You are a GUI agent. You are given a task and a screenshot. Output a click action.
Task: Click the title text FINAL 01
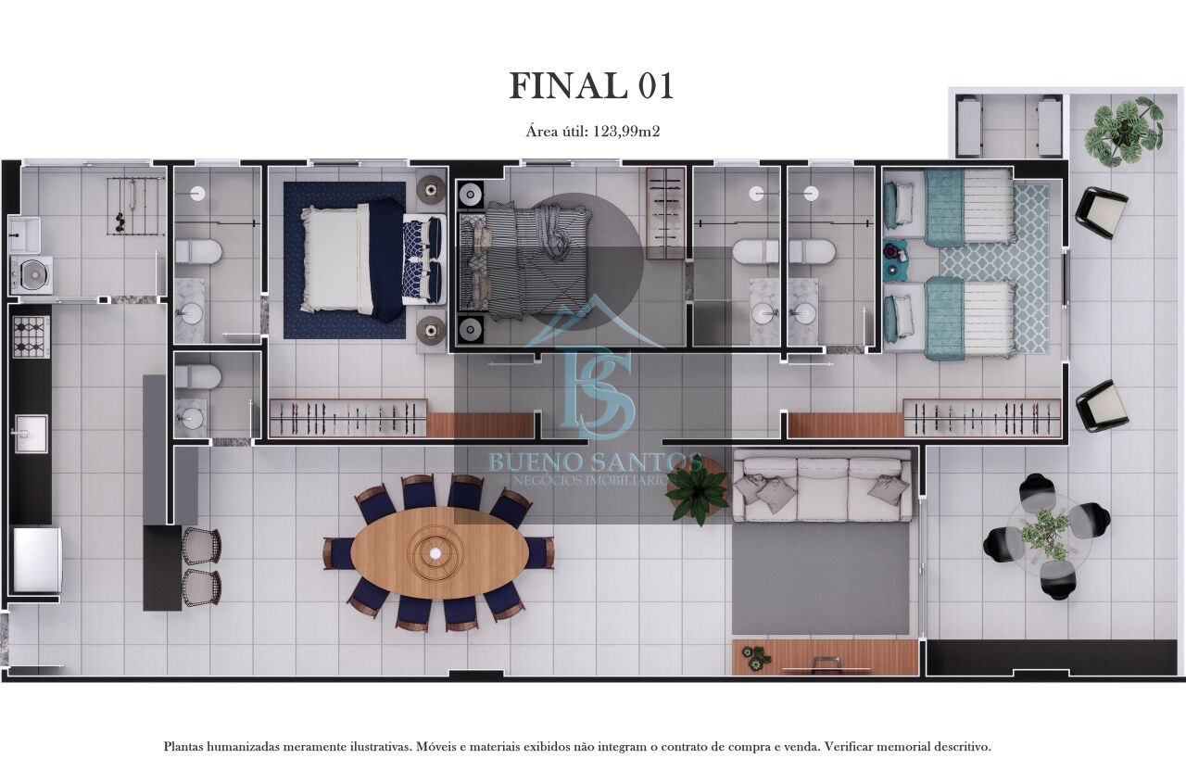pos(591,85)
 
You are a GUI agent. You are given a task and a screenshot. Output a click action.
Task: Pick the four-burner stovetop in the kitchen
pos(31,335)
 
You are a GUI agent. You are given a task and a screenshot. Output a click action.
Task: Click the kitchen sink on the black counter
pos(30,432)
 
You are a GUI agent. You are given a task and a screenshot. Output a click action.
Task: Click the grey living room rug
pos(820,577)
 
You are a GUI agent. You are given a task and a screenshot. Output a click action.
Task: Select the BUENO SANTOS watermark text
pos(594,461)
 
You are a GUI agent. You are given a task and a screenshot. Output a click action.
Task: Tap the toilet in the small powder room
pos(197,376)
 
